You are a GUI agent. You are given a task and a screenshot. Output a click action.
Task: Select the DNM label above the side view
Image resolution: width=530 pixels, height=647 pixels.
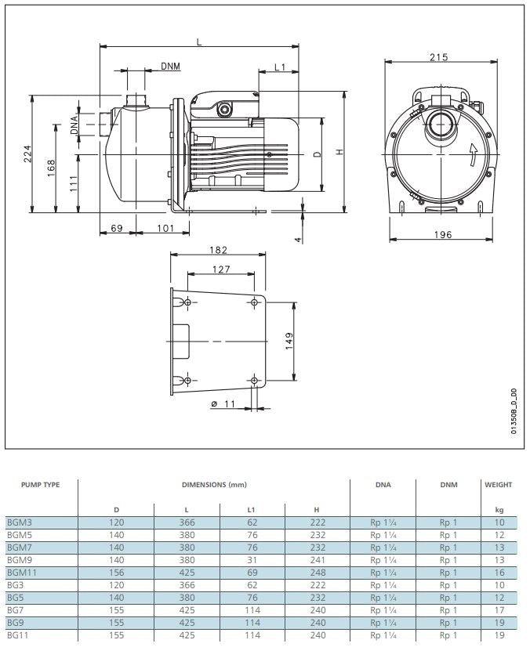point(170,67)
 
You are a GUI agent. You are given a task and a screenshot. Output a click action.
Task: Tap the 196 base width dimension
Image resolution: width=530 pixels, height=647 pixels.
point(443,234)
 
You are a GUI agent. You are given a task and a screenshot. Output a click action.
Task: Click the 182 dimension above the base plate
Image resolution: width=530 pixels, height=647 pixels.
point(219,250)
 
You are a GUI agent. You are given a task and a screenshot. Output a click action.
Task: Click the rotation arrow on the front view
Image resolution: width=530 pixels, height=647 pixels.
point(472,154)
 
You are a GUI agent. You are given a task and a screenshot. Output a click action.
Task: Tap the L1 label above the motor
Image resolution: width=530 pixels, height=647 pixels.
point(280,67)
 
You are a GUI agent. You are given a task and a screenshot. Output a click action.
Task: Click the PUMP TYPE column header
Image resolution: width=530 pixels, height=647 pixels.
point(40,485)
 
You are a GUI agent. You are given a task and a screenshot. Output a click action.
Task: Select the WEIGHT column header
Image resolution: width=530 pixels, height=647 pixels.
point(499,485)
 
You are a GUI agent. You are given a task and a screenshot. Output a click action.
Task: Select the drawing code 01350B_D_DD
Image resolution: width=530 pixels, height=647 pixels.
point(514,412)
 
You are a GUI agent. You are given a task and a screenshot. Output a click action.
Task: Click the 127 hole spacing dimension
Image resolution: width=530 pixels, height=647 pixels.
point(221,269)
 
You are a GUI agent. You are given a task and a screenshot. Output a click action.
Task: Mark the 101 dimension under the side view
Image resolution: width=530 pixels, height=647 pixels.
point(165,228)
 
